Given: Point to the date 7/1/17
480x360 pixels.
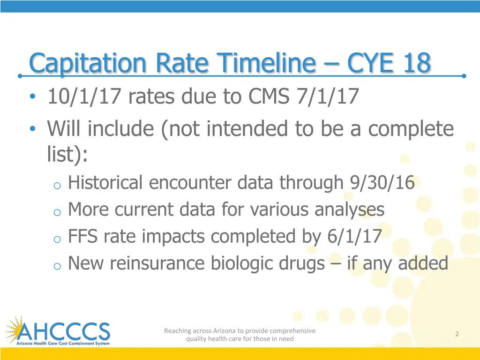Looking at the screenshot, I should pos(328,97).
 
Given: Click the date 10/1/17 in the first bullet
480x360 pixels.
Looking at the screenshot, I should pos(84,97).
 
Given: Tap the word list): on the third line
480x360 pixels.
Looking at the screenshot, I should pos(67,155).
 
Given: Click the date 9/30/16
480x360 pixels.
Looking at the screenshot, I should pos(382,183).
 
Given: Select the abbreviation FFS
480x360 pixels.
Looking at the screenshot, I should pos(82,237).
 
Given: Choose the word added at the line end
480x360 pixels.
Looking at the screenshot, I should pos(423,263).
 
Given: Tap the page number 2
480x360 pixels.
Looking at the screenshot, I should pos(457,334).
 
